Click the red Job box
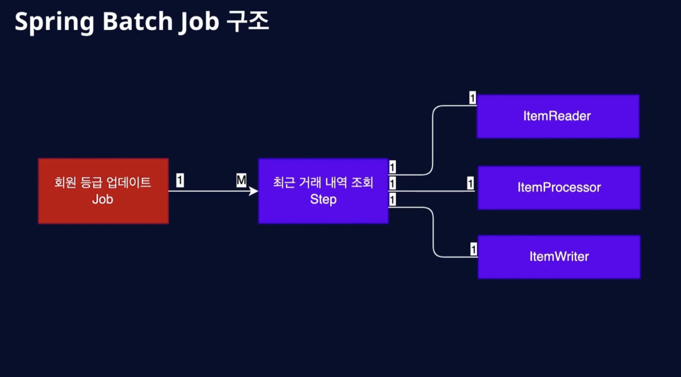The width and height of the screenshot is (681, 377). [103, 191]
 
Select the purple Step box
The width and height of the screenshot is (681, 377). [323, 191]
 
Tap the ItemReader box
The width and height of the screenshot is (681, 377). [558, 116]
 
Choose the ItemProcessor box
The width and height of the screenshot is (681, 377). [559, 188]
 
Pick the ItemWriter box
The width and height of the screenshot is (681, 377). [559, 257]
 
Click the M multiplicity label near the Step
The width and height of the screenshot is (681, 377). [241, 180]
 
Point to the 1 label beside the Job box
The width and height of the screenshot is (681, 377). [180, 180]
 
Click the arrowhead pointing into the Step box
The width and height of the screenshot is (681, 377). [254, 191]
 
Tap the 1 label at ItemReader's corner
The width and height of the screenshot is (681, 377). [472, 98]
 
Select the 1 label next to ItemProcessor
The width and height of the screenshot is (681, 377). [471, 183]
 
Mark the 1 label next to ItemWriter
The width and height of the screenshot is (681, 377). [474, 249]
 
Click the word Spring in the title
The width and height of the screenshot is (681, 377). [55, 22]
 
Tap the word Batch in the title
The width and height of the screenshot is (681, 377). [138, 21]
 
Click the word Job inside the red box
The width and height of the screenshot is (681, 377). [103, 199]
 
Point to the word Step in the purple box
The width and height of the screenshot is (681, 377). [323, 199]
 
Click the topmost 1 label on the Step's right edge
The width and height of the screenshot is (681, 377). [392, 167]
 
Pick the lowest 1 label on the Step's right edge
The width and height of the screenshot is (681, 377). [392, 200]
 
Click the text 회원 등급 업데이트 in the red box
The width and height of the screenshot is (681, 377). [103, 182]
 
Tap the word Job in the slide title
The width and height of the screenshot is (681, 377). [199, 22]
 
